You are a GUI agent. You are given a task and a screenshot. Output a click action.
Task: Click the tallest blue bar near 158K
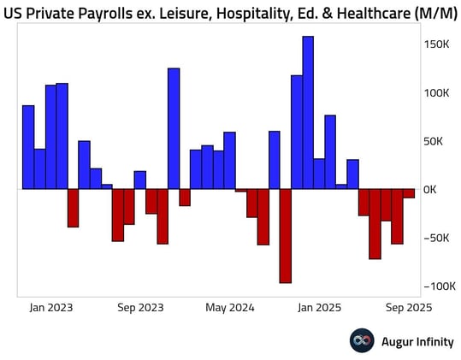(x=308, y=112)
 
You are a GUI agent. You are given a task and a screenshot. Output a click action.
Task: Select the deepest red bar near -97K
(x=286, y=235)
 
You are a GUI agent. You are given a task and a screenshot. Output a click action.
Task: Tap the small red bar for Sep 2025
(x=409, y=193)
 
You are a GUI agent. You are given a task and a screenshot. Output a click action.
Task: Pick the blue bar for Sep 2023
(x=140, y=180)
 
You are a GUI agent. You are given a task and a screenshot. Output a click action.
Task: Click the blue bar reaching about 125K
(x=174, y=128)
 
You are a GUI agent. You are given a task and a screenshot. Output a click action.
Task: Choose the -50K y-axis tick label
(x=439, y=238)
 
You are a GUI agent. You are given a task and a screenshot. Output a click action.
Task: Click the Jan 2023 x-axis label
(x=51, y=307)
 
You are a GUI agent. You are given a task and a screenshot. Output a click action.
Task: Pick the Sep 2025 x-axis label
(x=408, y=307)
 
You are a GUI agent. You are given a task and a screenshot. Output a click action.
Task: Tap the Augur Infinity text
(x=413, y=340)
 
